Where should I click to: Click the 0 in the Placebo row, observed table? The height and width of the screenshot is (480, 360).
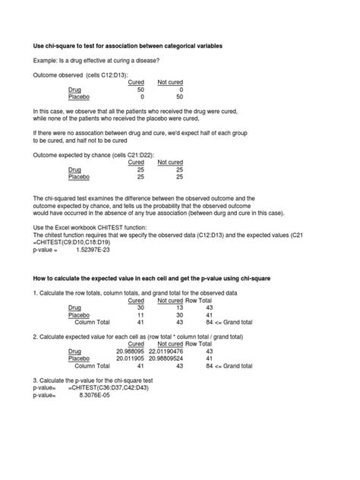click(142, 96)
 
